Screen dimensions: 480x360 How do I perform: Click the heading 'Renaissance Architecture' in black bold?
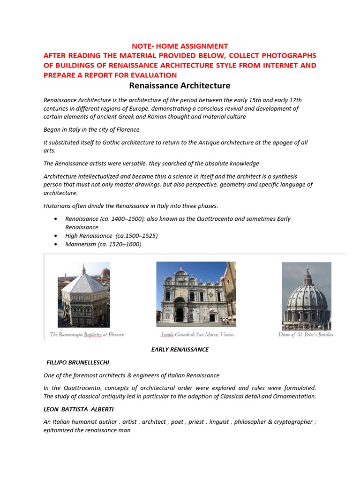(180, 85)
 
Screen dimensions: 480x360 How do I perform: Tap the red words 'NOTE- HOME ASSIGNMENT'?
(180, 46)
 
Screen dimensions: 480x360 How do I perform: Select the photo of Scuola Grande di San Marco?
(196, 294)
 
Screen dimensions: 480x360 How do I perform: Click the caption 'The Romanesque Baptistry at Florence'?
(87, 335)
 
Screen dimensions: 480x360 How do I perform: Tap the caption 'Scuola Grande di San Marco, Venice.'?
(197, 335)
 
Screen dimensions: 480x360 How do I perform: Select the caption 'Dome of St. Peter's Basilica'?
(306, 335)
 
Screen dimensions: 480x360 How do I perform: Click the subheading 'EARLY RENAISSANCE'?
(180, 349)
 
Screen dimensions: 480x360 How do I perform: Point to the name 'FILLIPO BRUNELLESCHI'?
(80, 362)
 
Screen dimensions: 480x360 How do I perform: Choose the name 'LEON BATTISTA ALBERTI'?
(78, 409)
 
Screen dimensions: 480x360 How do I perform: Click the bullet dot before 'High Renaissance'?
(56, 236)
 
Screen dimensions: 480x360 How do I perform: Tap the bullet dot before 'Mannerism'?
(56, 244)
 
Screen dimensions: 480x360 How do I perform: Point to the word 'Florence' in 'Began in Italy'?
(127, 129)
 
